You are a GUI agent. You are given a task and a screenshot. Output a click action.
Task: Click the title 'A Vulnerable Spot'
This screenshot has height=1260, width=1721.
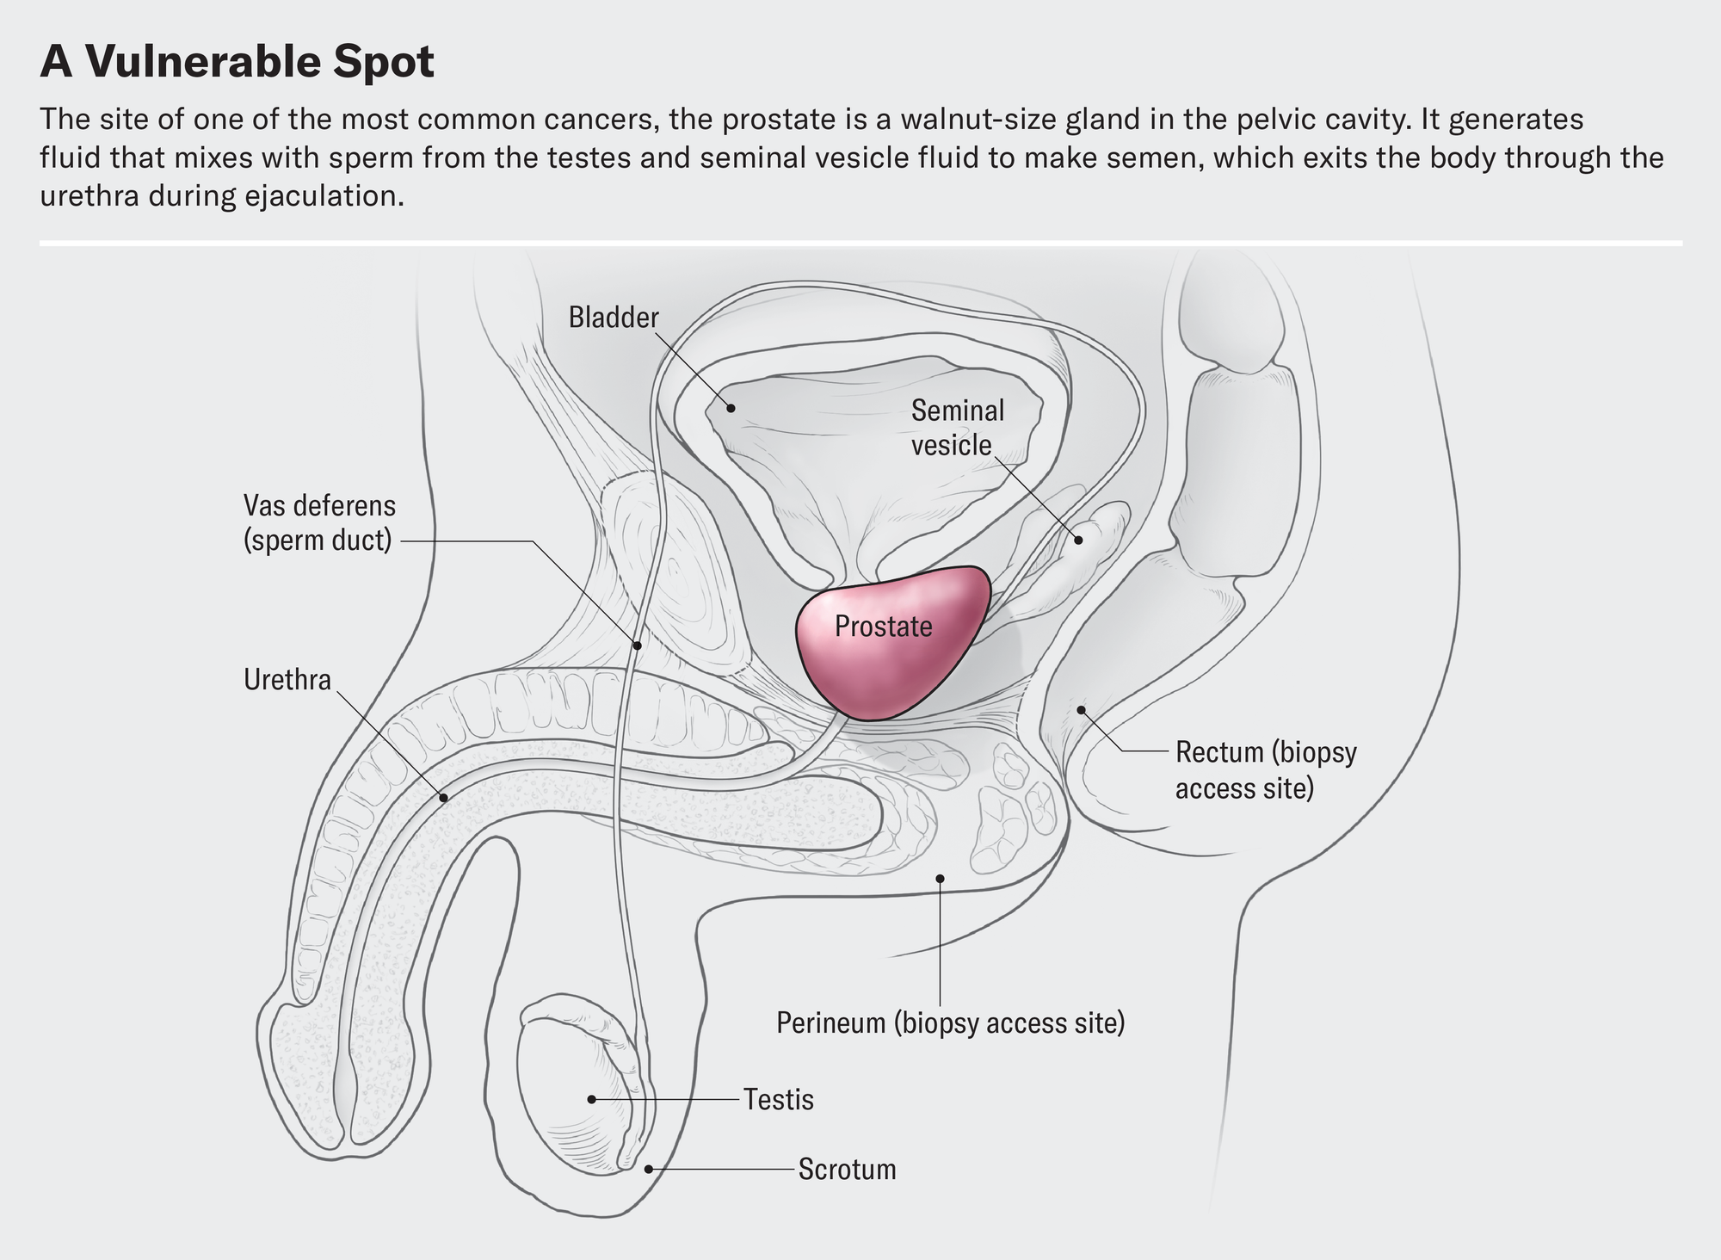(x=237, y=62)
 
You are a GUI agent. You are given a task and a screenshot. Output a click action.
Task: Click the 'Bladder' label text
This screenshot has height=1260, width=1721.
(x=614, y=318)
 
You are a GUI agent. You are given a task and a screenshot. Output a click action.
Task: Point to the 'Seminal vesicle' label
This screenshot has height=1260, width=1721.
(x=957, y=428)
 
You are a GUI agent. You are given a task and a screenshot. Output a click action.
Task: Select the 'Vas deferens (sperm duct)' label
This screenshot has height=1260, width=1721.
(x=319, y=522)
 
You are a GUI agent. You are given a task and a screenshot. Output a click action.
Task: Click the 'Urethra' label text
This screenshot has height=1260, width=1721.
(x=287, y=680)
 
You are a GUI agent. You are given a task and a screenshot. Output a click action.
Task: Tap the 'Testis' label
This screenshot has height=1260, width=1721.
(x=779, y=1100)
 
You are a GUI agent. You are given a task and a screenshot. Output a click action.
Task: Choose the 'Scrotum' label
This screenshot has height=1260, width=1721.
(x=847, y=1170)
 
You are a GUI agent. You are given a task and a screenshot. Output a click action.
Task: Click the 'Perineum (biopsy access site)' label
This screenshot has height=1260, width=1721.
(x=950, y=1023)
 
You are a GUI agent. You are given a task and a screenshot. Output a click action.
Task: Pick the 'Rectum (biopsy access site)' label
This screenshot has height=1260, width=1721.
(x=1265, y=769)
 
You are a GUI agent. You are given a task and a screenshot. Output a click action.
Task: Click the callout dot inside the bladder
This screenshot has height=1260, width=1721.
(x=731, y=408)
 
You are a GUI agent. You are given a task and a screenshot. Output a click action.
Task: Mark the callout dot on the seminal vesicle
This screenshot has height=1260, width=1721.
(x=1077, y=540)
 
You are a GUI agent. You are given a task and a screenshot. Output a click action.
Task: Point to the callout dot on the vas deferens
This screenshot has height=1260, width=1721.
(x=638, y=645)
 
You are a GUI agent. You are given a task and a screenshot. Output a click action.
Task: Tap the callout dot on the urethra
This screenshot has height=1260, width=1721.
(x=444, y=798)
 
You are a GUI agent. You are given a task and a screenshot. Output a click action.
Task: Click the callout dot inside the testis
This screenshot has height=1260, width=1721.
(x=591, y=1100)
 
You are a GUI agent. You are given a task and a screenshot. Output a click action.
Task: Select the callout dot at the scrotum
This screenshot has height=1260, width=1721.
(x=649, y=1169)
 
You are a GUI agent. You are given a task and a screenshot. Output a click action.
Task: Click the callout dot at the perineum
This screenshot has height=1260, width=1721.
(x=940, y=879)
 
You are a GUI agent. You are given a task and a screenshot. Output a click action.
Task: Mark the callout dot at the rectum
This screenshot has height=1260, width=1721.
(x=1082, y=709)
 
